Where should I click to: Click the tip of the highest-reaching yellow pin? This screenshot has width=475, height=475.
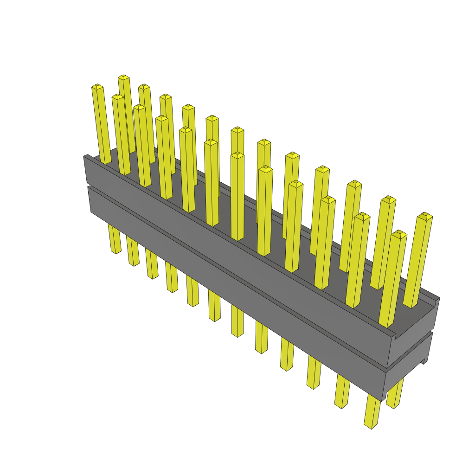click(x=123, y=77)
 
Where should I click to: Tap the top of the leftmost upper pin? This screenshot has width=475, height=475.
click(x=97, y=87)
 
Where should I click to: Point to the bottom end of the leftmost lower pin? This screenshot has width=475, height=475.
click(x=116, y=251)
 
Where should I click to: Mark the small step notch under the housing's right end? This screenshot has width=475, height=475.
click(x=423, y=362)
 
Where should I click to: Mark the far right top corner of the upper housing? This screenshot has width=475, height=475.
click(x=438, y=298)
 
